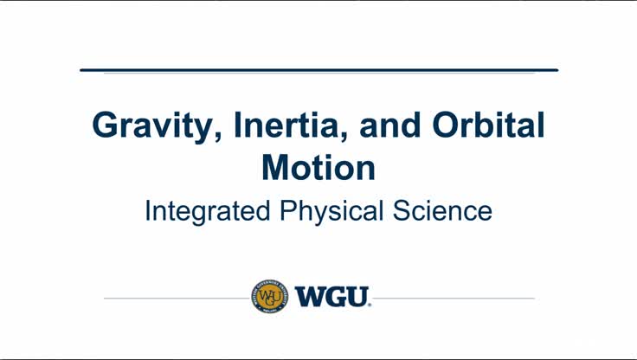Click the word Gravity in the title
pos(151,127)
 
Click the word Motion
pos(318,167)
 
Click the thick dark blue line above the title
pos(318,70)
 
